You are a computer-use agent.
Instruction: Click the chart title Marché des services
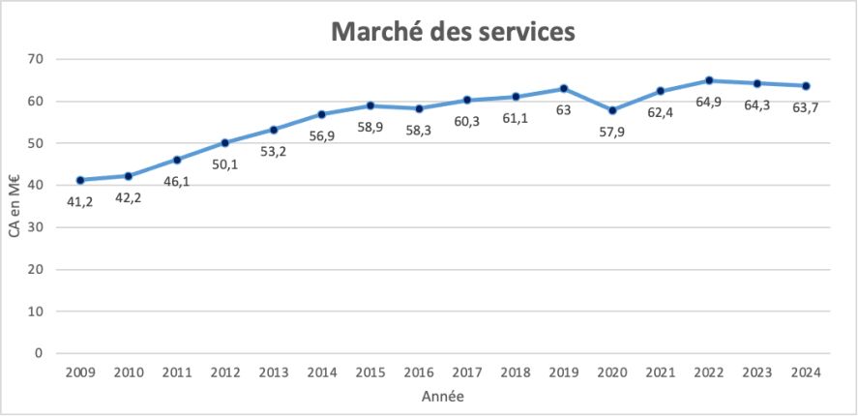453,31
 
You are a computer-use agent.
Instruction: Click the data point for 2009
79,180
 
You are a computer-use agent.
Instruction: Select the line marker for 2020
612,110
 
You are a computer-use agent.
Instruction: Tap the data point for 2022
709,80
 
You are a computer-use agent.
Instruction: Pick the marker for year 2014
322,114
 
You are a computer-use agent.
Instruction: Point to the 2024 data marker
806,85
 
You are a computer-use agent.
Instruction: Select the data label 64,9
709,102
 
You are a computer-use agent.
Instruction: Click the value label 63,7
806,106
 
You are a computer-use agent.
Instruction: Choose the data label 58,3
419,129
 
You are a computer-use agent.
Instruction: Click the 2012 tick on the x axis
224,372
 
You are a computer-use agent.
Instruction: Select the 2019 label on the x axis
564,372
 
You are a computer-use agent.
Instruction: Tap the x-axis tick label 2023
757,372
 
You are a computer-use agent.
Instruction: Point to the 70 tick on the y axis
38,59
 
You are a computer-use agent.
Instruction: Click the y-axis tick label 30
38,227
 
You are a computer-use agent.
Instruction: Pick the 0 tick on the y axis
41,353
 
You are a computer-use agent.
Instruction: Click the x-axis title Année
442,397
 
